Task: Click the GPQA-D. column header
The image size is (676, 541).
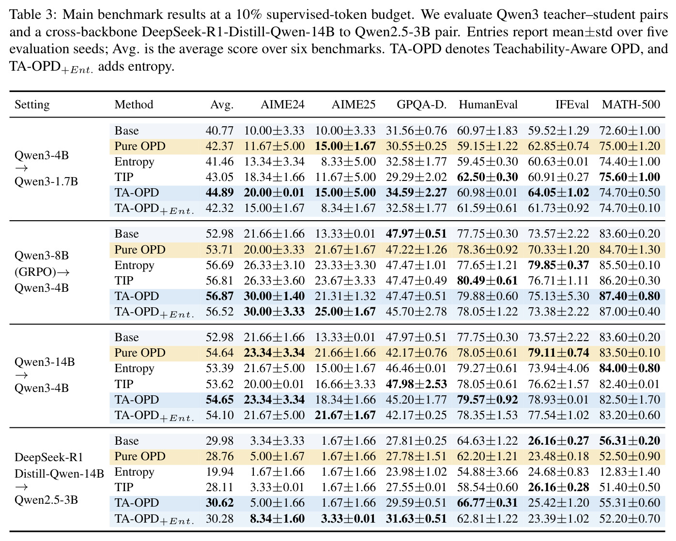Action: coord(421,105)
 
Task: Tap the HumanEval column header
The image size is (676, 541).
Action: coord(488,105)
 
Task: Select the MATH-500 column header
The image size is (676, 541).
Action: coord(631,105)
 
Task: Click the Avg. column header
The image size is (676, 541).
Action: coord(222,105)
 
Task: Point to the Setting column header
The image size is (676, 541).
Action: coord(32,105)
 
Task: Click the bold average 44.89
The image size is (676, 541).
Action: coord(219,193)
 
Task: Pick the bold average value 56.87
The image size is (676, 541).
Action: coord(219,296)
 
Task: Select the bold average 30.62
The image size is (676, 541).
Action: coord(219,503)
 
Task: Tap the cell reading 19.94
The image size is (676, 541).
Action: coord(219,472)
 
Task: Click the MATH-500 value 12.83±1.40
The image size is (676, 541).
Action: coord(630,472)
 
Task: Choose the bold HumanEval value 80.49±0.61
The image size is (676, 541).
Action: coord(487,280)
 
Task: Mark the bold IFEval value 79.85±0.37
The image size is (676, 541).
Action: coord(558,265)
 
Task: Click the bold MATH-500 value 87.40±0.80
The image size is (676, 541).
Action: coord(630,296)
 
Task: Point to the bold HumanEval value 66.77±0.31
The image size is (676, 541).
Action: coord(487,503)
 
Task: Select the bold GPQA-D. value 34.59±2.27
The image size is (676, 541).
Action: coord(416,193)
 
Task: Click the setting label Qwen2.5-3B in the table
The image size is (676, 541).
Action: coord(46,499)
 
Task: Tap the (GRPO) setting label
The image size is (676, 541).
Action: coord(35,271)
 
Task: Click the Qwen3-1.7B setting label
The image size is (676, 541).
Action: coord(46,181)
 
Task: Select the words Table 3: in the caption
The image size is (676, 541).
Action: coord(33,15)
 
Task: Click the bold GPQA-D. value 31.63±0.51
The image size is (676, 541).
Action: coord(416,518)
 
